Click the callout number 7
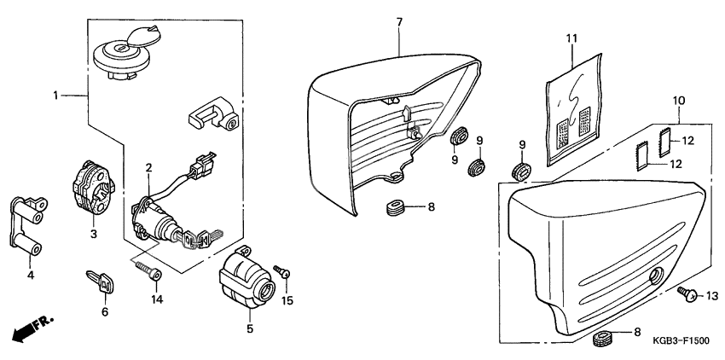[398, 20]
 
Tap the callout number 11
[571, 38]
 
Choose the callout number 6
[105, 312]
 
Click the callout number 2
[148, 167]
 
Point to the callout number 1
[56, 96]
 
